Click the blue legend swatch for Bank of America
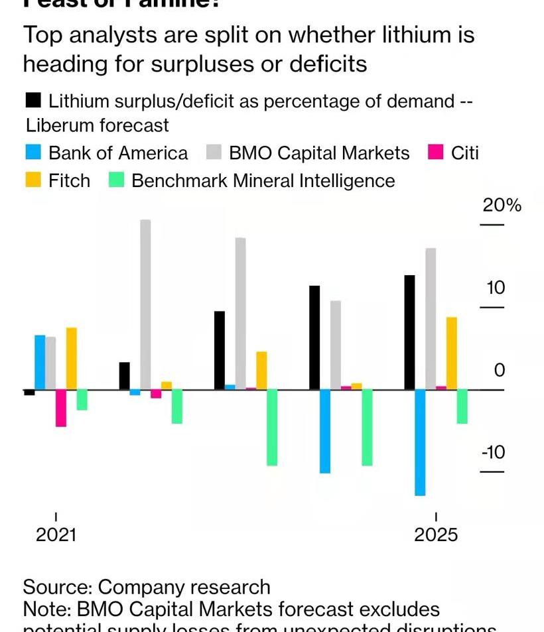click(x=34, y=153)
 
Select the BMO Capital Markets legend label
click(x=319, y=153)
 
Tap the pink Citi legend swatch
click(x=435, y=153)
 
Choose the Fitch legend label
click(x=69, y=180)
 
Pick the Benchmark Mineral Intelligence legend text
click(x=263, y=180)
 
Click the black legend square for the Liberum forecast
click(x=34, y=101)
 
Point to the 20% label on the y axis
click(x=502, y=205)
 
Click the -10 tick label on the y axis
click(x=494, y=452)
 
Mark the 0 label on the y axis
click(x=500, y=370)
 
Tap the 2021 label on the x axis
click(x=56, y=535)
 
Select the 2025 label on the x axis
click(x=436, y=535)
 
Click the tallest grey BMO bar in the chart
click(x=145, y=304)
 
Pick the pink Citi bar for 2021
click(x=61, y=408)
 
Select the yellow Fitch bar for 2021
click(x=72, y=359)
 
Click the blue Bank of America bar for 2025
click(x=420, y=442)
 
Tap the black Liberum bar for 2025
click(x=409, y=332)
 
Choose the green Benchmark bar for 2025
click(x=462, y=406)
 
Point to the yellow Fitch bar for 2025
click(x=452, y=353)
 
